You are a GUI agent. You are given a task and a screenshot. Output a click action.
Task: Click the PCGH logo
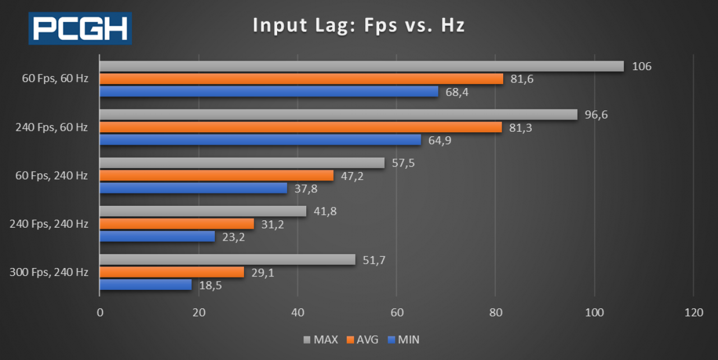point(80,28)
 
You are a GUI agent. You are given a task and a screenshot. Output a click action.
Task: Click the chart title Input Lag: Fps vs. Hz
point(358,25)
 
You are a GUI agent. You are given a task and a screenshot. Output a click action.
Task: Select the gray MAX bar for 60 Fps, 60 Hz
point(361,66)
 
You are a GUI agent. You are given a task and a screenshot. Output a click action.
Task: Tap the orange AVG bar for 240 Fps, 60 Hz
point(301,127)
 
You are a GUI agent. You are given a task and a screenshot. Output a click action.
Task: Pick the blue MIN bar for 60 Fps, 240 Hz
point(193,188)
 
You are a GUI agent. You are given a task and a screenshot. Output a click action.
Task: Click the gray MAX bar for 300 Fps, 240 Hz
point(227,260)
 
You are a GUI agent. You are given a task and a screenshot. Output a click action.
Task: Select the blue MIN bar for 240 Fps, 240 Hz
point(157,237)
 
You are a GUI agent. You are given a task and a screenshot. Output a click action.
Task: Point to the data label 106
point(641,67)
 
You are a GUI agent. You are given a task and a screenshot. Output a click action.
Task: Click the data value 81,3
point(521,128)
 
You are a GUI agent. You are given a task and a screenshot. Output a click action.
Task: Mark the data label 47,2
point(352,176)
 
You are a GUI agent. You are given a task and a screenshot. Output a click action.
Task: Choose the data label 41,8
point(325,211)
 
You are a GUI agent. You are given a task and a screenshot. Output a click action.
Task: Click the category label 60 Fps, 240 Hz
point(51,176)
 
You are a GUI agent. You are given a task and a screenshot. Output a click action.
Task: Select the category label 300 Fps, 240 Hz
point(49,273)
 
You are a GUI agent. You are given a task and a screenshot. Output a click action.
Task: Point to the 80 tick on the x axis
point(495,313)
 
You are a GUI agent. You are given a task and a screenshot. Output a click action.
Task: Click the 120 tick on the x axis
point(693,313)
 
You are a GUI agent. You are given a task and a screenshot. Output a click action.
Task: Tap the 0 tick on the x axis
point(100,313)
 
